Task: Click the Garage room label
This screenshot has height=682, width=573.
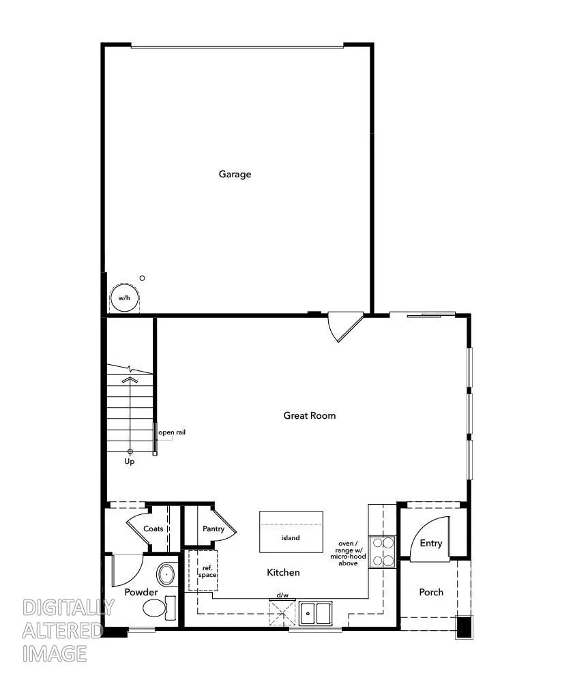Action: coord(235,174)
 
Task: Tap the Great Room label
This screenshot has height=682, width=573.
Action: coord(309,415)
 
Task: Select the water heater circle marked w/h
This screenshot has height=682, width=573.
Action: coord(124,298)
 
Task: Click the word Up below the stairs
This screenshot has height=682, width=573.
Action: coord(130,462)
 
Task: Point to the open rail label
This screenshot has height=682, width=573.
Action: coord(172,432)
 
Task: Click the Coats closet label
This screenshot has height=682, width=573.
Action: coord(153,529)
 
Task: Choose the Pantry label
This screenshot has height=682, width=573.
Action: coord(214,529)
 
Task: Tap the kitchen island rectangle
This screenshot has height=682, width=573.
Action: coord(291,532)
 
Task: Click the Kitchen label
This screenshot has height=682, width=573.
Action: coord(283,572)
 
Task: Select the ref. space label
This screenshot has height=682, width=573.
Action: coord(207,572)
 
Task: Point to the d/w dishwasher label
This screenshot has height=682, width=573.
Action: coord(282,595)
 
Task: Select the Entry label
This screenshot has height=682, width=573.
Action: coord(430,544)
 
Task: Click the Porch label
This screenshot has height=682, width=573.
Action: coord(431,592)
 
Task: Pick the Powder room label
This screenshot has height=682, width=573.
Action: coord(141,592)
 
